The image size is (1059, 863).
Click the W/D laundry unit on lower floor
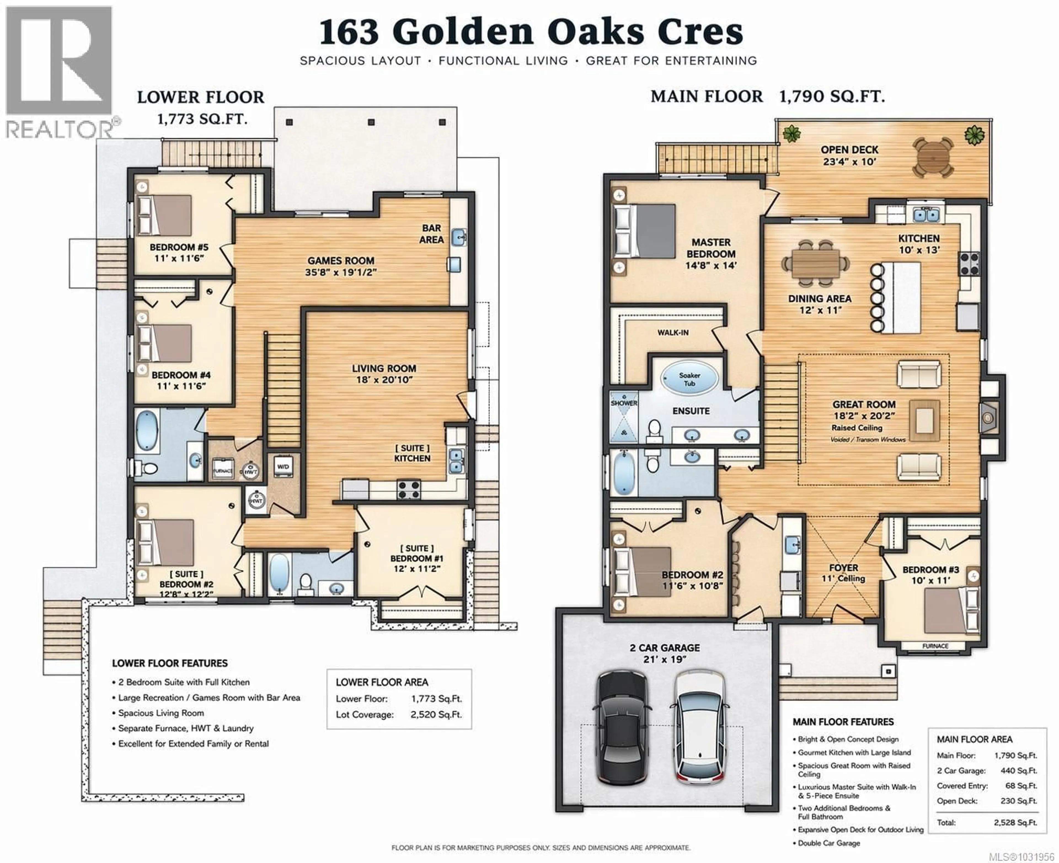pos(283,467)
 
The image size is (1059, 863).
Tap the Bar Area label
pos(431,234)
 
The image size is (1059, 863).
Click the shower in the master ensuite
pos(624,420)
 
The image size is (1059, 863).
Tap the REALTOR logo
pos(59,69)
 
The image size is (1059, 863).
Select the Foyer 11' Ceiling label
pos(843,573)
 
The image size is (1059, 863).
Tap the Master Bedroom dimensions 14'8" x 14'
pos(711,266)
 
